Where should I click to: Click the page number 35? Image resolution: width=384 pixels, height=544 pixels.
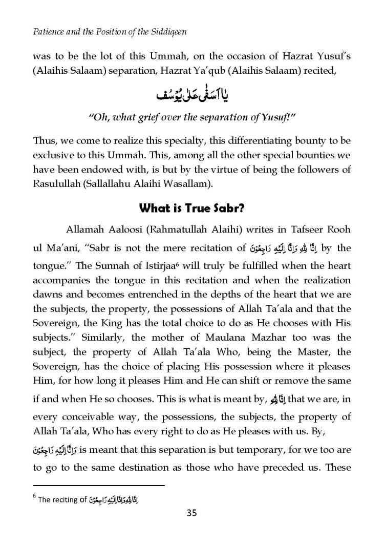[192, 513]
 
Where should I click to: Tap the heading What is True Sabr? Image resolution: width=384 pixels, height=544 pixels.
[192, 208]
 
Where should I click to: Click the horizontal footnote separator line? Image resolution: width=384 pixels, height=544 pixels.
[98, 485]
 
